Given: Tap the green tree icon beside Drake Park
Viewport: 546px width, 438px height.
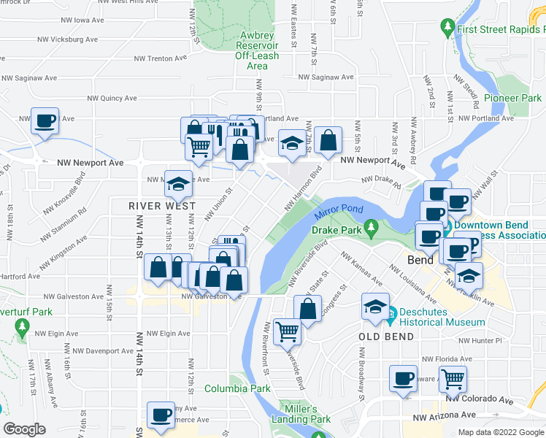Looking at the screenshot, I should [x=372, y=228].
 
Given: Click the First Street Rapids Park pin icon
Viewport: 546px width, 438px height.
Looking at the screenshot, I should [x=448, y=28].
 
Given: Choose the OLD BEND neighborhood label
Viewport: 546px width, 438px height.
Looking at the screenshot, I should [x=386, y=337].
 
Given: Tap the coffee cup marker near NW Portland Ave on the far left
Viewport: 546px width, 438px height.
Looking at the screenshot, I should [x=45, y=120].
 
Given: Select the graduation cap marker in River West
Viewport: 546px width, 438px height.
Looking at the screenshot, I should [x=178, y=184].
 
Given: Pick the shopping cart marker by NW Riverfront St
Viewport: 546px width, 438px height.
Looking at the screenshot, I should [x=287, y=331].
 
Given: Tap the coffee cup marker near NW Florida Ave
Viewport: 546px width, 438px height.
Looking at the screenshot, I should [x=402, y=378].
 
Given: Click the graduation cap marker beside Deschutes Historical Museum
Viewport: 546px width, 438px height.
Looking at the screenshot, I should [x=375, y=307].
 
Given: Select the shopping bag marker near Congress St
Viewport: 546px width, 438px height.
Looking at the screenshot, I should [x=307, y=308].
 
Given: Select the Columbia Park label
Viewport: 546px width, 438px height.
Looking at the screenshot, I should [x=237, y=388].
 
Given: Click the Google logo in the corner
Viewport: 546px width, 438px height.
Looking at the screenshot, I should [x=24, y=429].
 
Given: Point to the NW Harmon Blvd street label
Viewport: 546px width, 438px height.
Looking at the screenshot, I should [x=303, y=191].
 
